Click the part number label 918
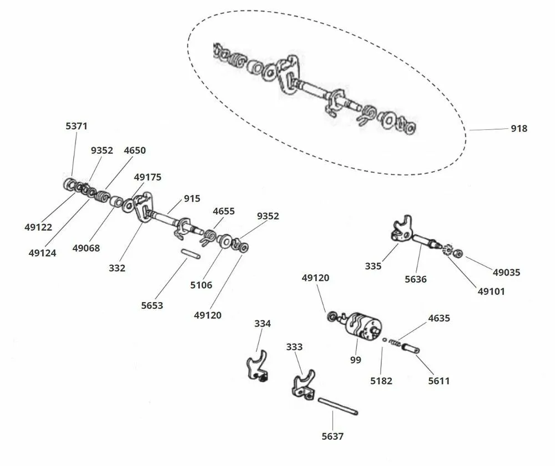pyautogui.click(x=519, y=128)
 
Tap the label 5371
pyautogui.click(x=77, y=126)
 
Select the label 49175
pyautogui.click(x=148, y=177)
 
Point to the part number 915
pyautogui.click(x=192, y=199)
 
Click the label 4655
pyautogui.click(x=224, y=212)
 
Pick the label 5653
pyautogui.click(x=152, y=305)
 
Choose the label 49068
pyautogui.click(x=86, y=248)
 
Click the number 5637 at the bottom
pyautogui.click(x=332, y=437)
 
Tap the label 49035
pyautogui.click(x=507, y=273)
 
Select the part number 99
pyautogui.click(x=356, y=360)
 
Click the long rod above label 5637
pyautogui.click(x=338, y=407)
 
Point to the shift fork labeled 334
pyautogui.click(x=258, y=367)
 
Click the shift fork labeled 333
pyautogui.click(x=304, y=385)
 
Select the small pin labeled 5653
pyautogui.click(x=191, y=254)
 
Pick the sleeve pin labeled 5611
pyautogui.click(x=411, y=347)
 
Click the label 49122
pyautogui.click(x=38, y=227)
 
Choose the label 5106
pyautogui.click(x=201, y=285)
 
